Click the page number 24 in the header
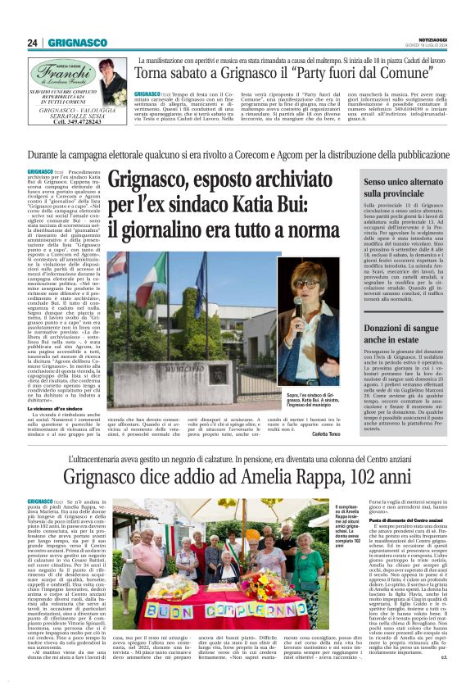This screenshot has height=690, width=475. click(34, 43)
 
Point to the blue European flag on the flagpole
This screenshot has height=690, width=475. click(199, 279)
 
